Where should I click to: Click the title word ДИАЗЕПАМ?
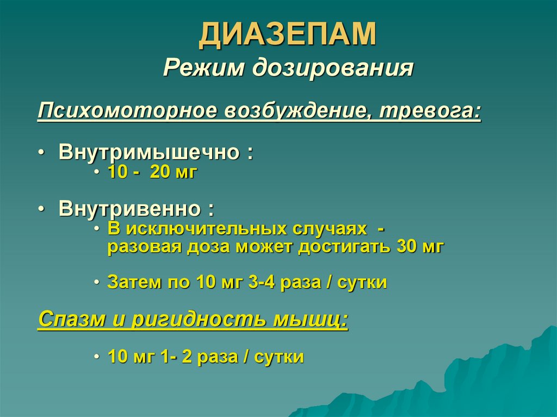pyautogui.click(x=287, y=35)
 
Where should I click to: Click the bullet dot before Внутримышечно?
pyautogui.click(x=42, y=153)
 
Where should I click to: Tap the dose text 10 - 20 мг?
pyautogui.click(x=152, y=173)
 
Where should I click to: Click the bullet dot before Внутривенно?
pyautogui.click(x=42, y=210)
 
